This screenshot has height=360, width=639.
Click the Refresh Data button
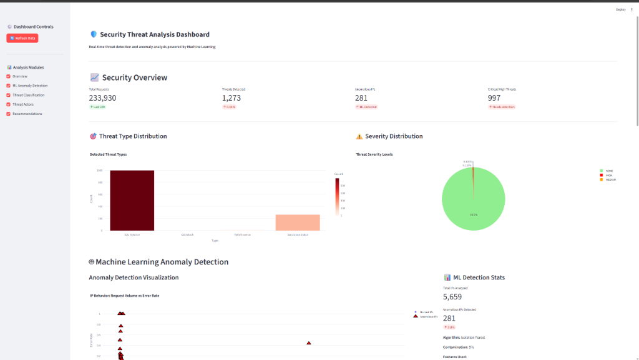pos(22,38)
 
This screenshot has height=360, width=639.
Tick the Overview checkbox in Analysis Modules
pos(9,76)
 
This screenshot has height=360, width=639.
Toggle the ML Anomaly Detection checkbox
pos(9,86)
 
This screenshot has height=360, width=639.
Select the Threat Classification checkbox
pos(9,95)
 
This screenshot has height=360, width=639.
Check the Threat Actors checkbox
pos(9,104)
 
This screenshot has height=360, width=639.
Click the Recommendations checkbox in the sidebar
pos(9,114)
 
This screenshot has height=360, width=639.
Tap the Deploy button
pos(620,9)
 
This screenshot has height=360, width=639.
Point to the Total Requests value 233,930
pos(102,98)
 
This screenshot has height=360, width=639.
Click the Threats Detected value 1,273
pos(232,98)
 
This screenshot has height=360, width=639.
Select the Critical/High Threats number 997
pos(494,98)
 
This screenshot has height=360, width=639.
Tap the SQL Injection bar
pos(132,200)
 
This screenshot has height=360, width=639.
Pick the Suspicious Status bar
pos(297,222)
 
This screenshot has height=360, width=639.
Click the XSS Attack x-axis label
pos(187,234)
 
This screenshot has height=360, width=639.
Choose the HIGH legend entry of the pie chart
pos(608,175)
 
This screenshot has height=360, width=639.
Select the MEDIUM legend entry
pos(609,179)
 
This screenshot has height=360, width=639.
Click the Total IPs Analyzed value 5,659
pos(452,297)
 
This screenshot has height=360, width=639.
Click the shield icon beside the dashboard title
pos(94,35)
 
